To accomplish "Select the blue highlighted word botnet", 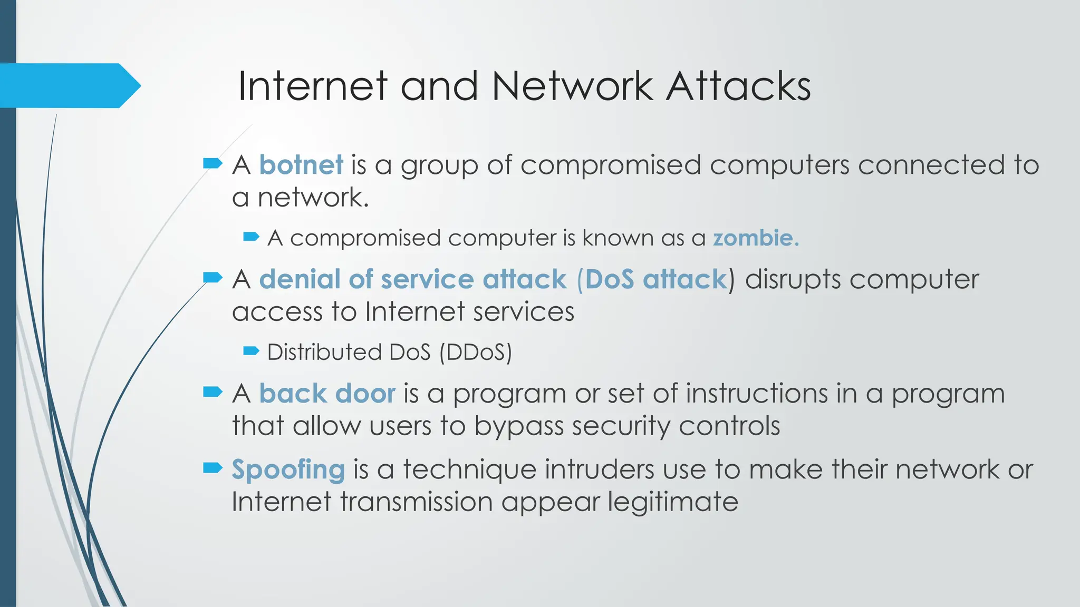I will pos(301,165).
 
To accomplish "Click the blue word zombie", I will pos(756,238).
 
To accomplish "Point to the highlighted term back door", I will pos(327,394).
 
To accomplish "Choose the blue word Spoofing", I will pos(288,469).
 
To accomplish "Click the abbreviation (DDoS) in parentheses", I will pos(476,352).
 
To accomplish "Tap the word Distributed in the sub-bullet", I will pos(324,352).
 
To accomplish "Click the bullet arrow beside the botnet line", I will pos(213,163).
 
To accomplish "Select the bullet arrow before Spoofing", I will pos(213,467).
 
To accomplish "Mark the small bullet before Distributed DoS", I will pos(251,351).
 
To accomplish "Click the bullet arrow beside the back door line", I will pos(213,391).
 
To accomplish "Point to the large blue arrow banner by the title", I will pos(69,85).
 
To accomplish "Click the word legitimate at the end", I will pos(673,502).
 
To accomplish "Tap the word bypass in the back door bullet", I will pos(519,426).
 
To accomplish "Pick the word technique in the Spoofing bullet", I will pos(469,469).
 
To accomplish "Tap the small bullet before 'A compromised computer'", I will pos(251,237).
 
